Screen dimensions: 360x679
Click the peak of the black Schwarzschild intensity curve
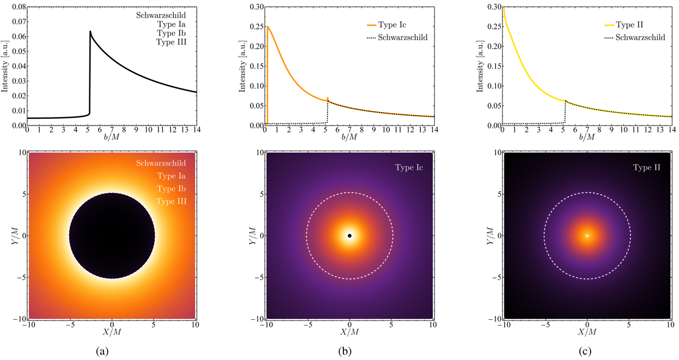pos(91,32)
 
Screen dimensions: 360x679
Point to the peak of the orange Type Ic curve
pos(267,27)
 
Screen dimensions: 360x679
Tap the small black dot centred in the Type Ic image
pos(350,235)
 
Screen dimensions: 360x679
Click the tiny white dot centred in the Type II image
pos(587,235)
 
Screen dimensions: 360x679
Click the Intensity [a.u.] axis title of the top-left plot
pos(5,65)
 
